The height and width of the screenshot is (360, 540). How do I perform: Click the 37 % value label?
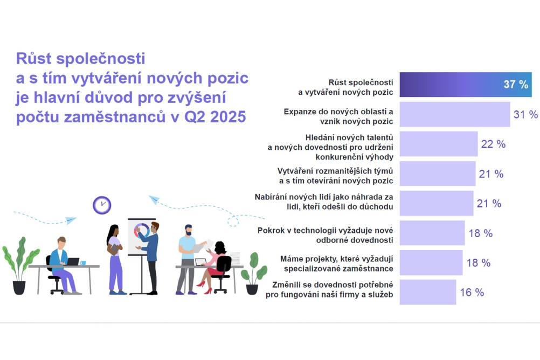coord(516,85)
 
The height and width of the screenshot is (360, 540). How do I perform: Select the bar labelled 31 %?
coord(455,114)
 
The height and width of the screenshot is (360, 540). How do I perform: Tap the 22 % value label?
coord(493,144)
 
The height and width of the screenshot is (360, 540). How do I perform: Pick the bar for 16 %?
coord(428,292)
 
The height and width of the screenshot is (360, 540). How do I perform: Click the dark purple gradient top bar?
coord(466,85)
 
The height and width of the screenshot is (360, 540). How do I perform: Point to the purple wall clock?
coord(102,205)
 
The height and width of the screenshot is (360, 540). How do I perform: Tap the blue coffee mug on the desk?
coord(82,263)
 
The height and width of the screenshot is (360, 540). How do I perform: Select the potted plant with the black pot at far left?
coord(19,266)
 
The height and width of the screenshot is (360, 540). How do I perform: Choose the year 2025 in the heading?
coord(228,117)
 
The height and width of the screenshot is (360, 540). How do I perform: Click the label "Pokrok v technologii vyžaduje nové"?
coord(325,230)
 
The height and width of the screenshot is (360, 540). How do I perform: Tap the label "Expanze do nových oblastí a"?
coord(338,112)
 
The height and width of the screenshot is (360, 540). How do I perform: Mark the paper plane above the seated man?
coord(71,220)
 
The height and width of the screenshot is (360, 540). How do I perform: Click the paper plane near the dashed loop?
coord(154,199)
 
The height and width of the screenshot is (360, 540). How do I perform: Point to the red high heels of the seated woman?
coord(205,287)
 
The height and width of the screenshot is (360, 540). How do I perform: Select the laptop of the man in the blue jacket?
coord(73,261)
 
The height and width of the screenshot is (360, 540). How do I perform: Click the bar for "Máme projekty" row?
coord(431,262)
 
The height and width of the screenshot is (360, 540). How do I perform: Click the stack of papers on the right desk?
coord(235,258)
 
